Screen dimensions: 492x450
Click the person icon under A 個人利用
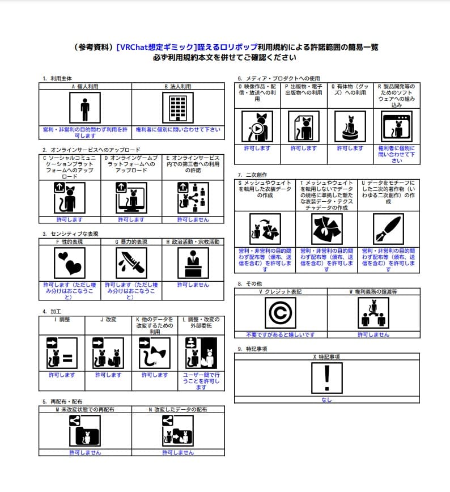click(x=85, y=108)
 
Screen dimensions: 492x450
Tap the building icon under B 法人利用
click(x=178, y=108)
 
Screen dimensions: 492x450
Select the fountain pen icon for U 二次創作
click(x=388, y=229)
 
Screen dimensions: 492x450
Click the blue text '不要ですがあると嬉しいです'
click(x=281, y=335)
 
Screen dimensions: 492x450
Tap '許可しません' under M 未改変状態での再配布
click(x=85, y=453)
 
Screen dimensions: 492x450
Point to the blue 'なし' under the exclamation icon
click(x=327, y=400)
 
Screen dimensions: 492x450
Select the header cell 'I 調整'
click(x=62, y=320)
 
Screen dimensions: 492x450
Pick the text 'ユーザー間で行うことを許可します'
click(x=201, y=381)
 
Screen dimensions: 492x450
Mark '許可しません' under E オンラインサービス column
click(x=193, y=219)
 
